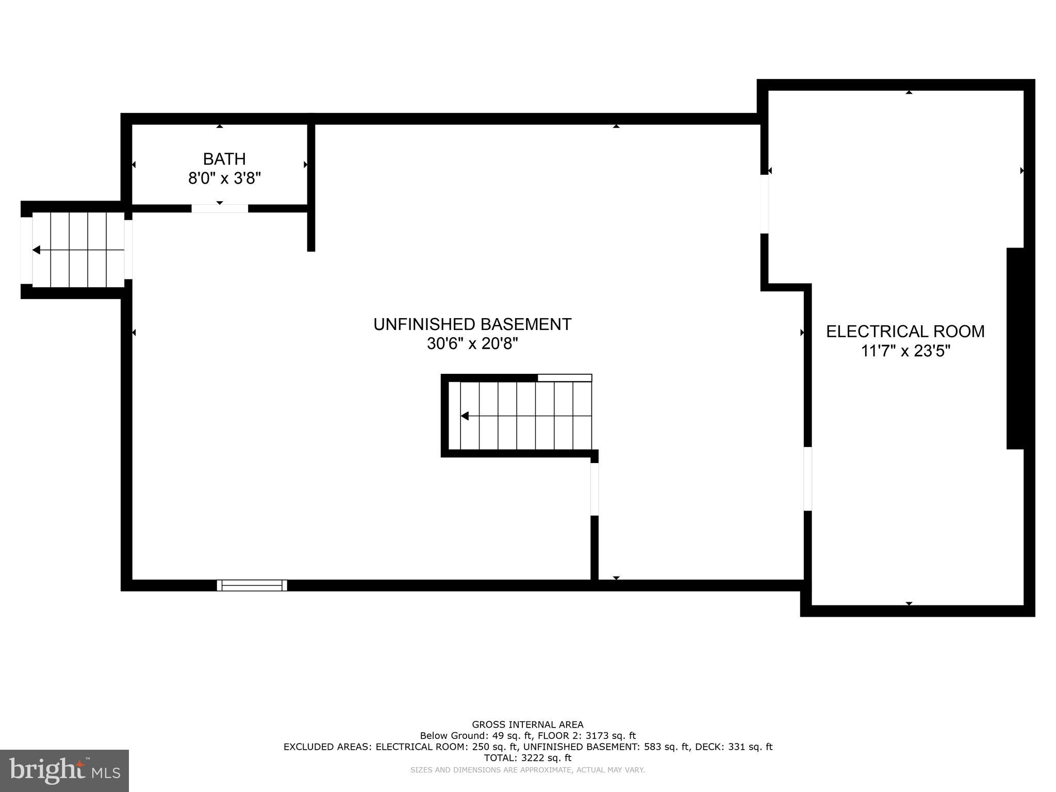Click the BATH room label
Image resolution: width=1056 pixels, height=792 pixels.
(224, 159)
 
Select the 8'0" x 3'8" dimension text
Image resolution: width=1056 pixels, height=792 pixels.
(224, 178)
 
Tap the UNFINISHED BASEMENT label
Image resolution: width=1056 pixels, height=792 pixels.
(472, 324)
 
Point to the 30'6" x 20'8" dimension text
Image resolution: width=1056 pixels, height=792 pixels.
(472, 343)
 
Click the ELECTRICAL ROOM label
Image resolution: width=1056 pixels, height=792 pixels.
(905, 332)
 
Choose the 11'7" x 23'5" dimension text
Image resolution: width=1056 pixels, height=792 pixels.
(905, 351)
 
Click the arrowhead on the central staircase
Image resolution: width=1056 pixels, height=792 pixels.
(465, 416)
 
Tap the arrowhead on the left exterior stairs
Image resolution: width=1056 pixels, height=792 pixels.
(37, 250)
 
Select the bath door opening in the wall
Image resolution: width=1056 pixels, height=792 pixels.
(220, 208)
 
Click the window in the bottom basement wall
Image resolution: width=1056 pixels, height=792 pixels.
(252, 585)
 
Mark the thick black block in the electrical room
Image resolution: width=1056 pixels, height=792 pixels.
(1015, 349)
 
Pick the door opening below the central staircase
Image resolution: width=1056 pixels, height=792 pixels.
(595, 489)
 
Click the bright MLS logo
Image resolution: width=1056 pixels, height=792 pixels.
(64, 770)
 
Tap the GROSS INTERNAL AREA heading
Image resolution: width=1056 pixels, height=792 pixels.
(527, 724)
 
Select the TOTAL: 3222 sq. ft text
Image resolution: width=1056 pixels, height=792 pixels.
(527, 758)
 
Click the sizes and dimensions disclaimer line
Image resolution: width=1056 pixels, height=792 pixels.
(527, 770)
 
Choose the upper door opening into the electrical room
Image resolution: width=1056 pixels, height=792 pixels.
(765, 204)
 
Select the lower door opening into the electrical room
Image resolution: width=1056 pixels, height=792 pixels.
(808, 478)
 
